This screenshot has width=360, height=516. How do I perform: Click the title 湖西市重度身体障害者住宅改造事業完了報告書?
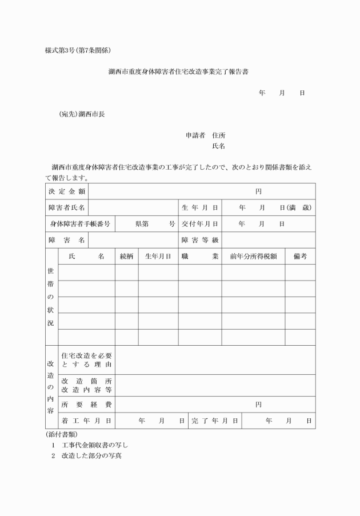[179, 73]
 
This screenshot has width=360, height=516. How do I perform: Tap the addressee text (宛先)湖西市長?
[82, 114]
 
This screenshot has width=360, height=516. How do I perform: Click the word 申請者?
[196, 135]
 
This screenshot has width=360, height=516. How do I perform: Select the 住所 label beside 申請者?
[219, 135]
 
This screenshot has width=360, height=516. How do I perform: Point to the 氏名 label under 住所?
[219, 146]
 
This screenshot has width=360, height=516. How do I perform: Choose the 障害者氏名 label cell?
[67, 207]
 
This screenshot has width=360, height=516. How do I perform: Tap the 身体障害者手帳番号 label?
[80, 223]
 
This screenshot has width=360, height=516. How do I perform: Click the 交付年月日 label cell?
[200, 223]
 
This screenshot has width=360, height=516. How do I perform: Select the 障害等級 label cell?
[200, 240]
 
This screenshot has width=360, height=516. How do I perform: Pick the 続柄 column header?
[126, 257]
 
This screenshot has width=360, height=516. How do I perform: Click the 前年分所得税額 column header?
[253, 257]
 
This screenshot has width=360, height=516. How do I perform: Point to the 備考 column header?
[300, 257]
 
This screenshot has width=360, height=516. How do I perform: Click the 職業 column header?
[200, 257]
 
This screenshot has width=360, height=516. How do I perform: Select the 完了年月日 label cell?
[215, 421]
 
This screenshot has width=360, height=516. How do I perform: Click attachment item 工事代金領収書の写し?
[95, 445]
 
